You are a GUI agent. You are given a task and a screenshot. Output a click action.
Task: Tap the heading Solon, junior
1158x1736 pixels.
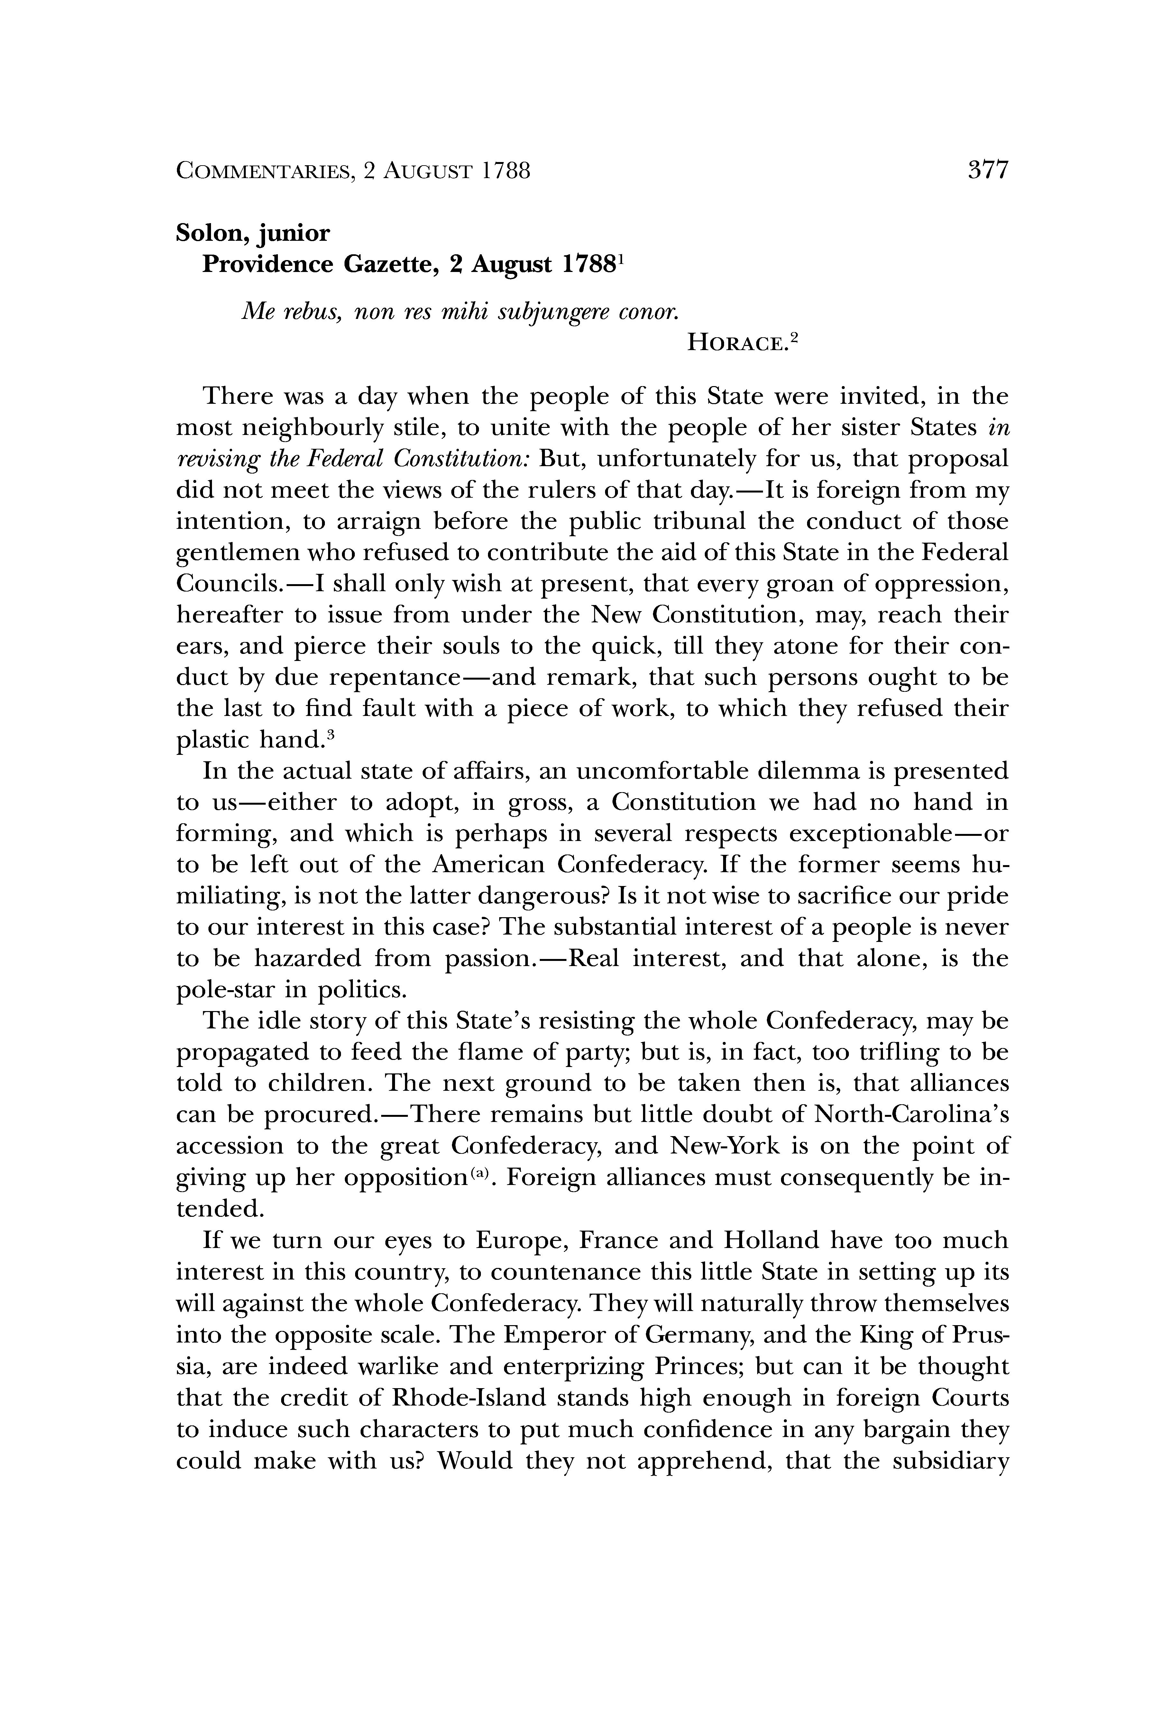click(253, 233)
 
